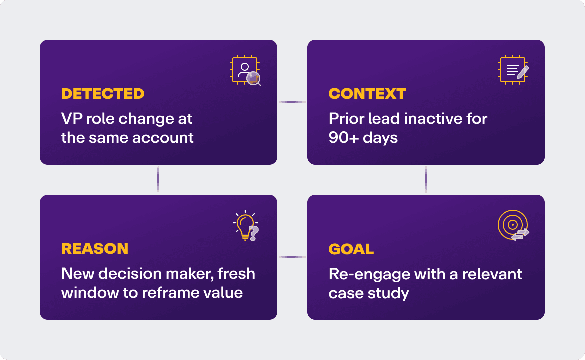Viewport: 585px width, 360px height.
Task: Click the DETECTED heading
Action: pos(102,94)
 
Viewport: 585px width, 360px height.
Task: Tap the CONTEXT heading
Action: pos(367,94)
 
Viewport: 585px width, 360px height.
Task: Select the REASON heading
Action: pos(94,249)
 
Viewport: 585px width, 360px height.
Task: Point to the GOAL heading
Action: pos(351,249)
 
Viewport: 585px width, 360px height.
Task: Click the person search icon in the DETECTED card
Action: pos(246,71)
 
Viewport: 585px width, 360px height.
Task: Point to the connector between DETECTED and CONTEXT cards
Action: pos(292,102)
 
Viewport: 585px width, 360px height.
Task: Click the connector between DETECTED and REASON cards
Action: pos(158,180)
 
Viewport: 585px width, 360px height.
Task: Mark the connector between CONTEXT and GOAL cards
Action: pos(426,180)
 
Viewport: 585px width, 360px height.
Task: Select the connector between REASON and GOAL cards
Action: pos(292,257)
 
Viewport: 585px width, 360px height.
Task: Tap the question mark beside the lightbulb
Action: pos(254,232)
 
